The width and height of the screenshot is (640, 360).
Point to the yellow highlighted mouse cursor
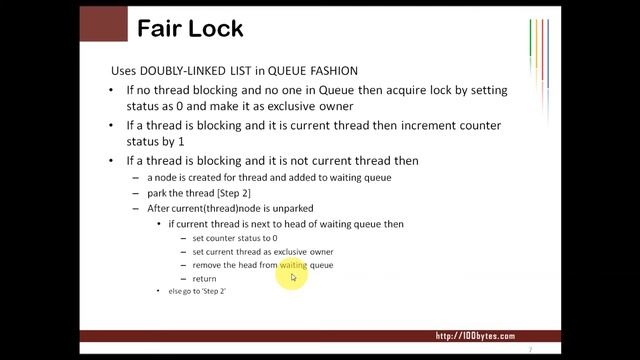point(293,276)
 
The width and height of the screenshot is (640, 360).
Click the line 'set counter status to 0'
point(235,239)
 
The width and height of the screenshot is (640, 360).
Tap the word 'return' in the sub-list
point(205,278)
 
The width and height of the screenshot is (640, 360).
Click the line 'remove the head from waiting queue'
point(263,265)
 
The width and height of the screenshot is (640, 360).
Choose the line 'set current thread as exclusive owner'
point(263,252)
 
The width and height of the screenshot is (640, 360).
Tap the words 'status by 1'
point(156,142)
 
